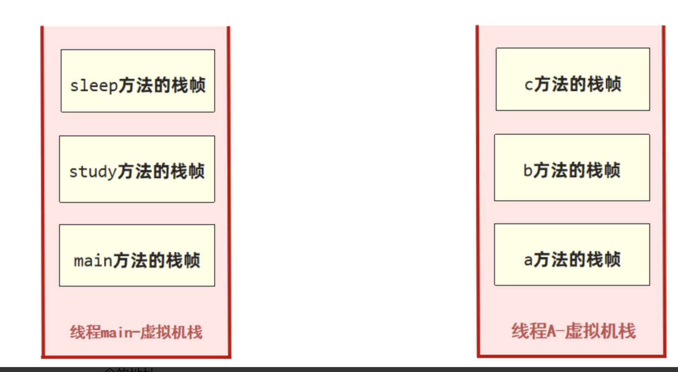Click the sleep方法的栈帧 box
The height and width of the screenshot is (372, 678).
137,81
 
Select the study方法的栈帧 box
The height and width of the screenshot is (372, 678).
137,169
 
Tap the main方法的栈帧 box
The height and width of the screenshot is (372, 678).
137,255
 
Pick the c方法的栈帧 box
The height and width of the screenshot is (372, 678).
573,79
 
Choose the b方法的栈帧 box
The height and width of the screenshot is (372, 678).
572,167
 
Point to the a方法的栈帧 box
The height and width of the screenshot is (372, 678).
572,254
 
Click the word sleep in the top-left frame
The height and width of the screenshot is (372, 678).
94,86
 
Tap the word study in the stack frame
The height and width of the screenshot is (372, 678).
93,172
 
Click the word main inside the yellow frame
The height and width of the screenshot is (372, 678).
93,261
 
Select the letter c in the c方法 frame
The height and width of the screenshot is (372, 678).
529,85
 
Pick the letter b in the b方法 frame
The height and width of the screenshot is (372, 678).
528,170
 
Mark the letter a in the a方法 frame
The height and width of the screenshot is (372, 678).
528,260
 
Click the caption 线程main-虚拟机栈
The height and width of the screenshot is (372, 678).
136,332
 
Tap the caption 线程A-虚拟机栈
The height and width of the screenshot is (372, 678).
573,331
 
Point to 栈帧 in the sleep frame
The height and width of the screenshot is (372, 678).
188,85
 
